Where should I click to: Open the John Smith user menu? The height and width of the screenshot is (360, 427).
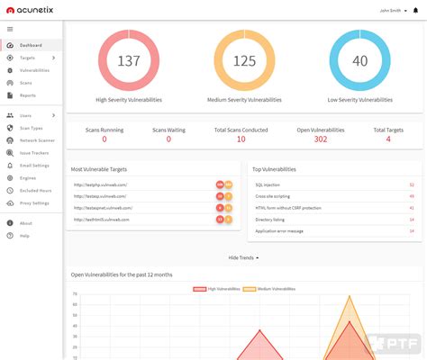click(395, 11)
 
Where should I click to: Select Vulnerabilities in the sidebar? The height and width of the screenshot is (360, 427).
click(34, 70)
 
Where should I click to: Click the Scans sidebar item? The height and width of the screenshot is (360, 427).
click(25, 83)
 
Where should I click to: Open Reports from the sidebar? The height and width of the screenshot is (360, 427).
click(28, 95)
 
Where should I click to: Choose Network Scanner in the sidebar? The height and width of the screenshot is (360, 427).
click(38, 140)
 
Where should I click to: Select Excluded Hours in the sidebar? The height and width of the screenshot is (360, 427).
click(36, 191)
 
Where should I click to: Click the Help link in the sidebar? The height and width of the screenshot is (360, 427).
click(24, 236)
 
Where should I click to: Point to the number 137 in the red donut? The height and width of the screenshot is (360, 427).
click(129, 60)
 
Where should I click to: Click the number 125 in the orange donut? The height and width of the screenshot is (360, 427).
click(244, 60)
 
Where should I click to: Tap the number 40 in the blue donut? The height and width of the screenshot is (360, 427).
click(359, 60)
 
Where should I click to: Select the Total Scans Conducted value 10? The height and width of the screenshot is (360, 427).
click(241, 139)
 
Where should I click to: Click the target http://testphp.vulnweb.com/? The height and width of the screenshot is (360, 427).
click(100, 184)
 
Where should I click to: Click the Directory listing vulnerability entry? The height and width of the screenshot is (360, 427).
click(271, 219)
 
